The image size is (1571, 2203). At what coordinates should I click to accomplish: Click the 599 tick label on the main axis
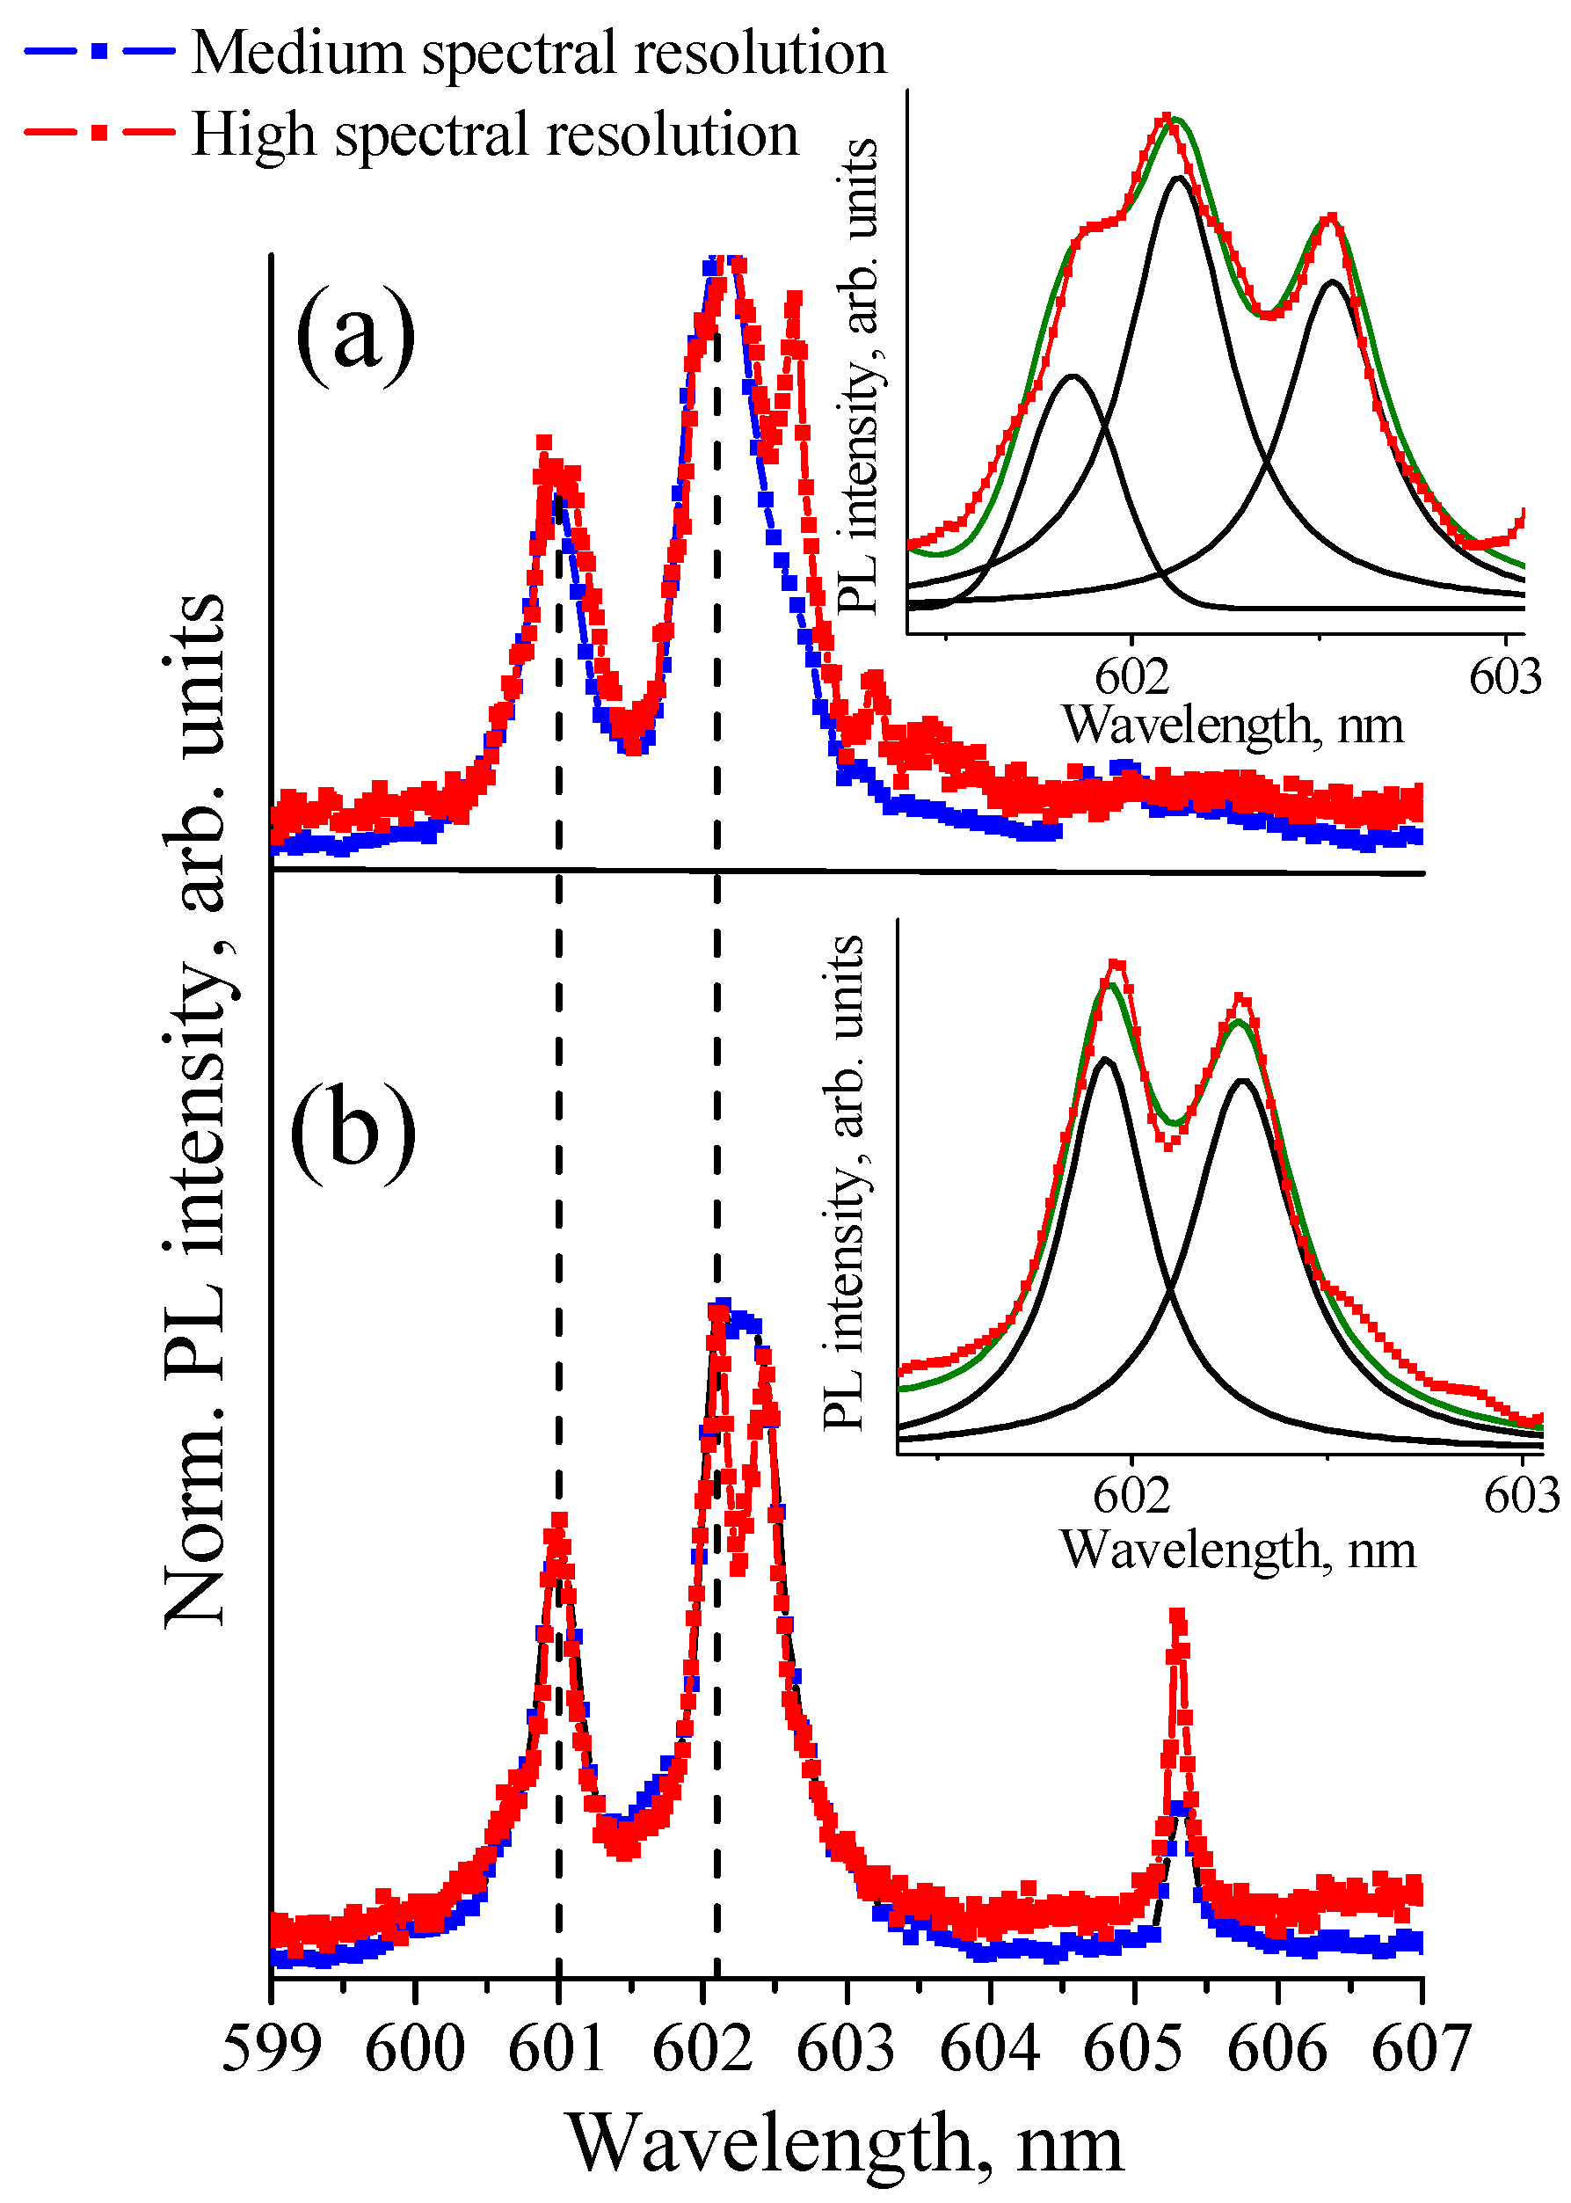271,2048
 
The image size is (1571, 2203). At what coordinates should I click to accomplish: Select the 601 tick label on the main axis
558,2048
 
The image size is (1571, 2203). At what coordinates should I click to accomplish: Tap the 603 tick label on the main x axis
846,2048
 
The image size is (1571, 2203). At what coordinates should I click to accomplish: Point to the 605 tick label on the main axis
1133,2048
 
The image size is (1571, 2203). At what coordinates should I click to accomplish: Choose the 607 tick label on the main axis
1420,2048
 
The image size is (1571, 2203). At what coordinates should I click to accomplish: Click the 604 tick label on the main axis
990,2048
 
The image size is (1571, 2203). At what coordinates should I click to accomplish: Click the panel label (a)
355,334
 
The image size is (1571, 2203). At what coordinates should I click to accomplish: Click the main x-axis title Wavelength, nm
845,2142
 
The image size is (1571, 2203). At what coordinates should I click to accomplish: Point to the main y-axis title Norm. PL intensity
195,1112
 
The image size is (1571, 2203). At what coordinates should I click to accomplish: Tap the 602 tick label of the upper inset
1131,676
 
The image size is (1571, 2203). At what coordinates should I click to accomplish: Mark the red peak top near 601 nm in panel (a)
543,444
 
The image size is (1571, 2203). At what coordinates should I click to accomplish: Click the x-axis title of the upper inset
1233,724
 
